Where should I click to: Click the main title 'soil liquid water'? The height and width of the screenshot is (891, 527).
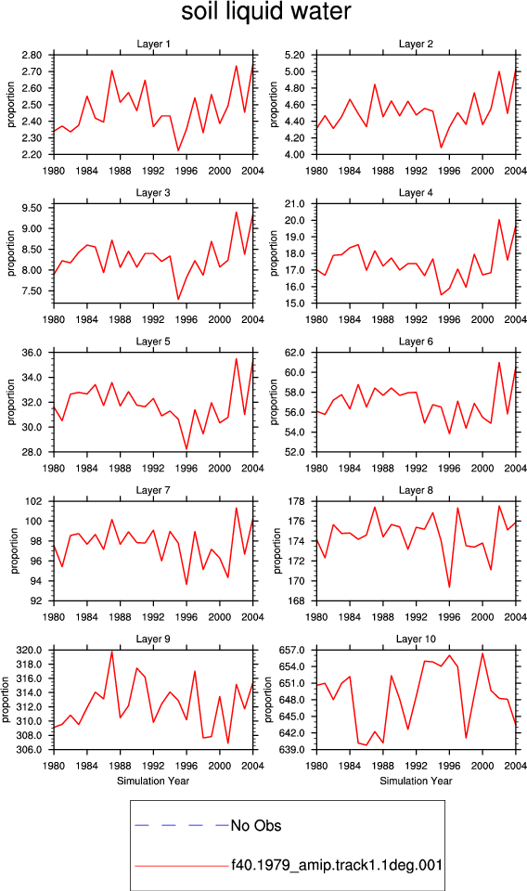coord(265,12)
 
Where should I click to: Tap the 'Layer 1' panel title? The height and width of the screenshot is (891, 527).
coord(153,44)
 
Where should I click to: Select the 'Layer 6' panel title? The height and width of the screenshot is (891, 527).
coord(416,342)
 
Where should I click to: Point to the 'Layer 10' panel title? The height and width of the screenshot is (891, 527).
coord(416,639)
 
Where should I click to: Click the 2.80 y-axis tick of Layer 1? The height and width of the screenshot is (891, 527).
coord(32,55)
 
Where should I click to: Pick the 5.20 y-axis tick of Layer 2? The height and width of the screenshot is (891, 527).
coord(295,55)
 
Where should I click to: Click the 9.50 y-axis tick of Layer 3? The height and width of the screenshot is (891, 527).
coord(32,208)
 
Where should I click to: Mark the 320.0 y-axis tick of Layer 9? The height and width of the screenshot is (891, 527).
coord(31,650)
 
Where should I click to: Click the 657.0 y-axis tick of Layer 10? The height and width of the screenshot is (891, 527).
coord(293,650)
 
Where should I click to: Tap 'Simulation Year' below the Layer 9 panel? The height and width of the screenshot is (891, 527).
coord(153,781)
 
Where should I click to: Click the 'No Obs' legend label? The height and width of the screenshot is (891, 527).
coord(256,826)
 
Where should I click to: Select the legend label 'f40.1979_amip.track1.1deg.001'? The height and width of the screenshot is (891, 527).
coord(337,865)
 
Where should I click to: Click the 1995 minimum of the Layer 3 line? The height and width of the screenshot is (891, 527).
coord(178,299)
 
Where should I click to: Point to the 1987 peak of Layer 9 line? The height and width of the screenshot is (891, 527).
coord(112,652)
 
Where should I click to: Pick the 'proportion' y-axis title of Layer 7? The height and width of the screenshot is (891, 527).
coord(14,550)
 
